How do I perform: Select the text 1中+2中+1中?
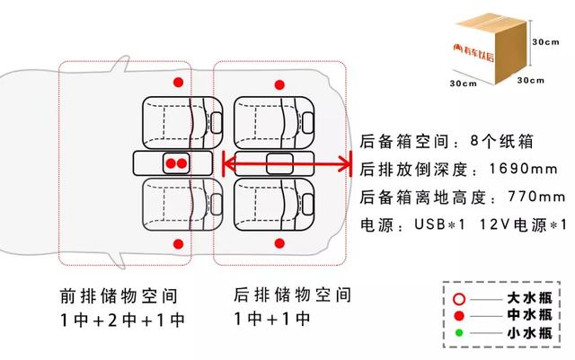[x=122, y=320]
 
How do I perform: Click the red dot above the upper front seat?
[x=178, y=83]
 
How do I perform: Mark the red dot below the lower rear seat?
[x=279, y=243]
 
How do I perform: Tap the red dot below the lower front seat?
[x=178, y=243]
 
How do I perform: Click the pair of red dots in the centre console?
[x=175, y=163]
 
